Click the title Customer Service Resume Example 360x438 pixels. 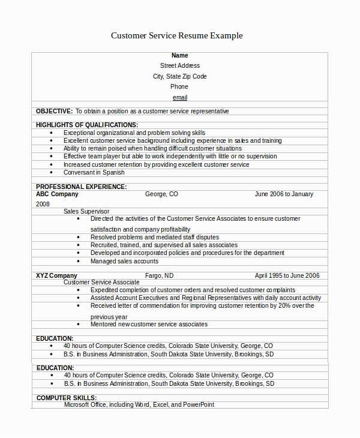(177, 36)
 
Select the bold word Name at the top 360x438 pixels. (180, 55)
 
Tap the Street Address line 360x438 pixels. (180, 65)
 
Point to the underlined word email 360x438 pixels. (180, 97)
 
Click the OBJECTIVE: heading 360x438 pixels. (54, 111)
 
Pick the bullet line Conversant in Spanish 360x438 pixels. (94, 172)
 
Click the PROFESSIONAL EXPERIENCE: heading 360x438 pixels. (81, 187)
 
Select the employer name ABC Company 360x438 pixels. (57, 194)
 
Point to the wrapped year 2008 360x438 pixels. (43, 204)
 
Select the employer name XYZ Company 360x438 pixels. (56, 275)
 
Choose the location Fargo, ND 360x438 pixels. (160, 275)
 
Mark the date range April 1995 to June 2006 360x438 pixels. (287, 275)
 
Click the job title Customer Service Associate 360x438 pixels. (101, 282)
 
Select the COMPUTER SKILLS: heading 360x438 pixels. (67, 398)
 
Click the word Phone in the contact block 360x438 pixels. (179, 87)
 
